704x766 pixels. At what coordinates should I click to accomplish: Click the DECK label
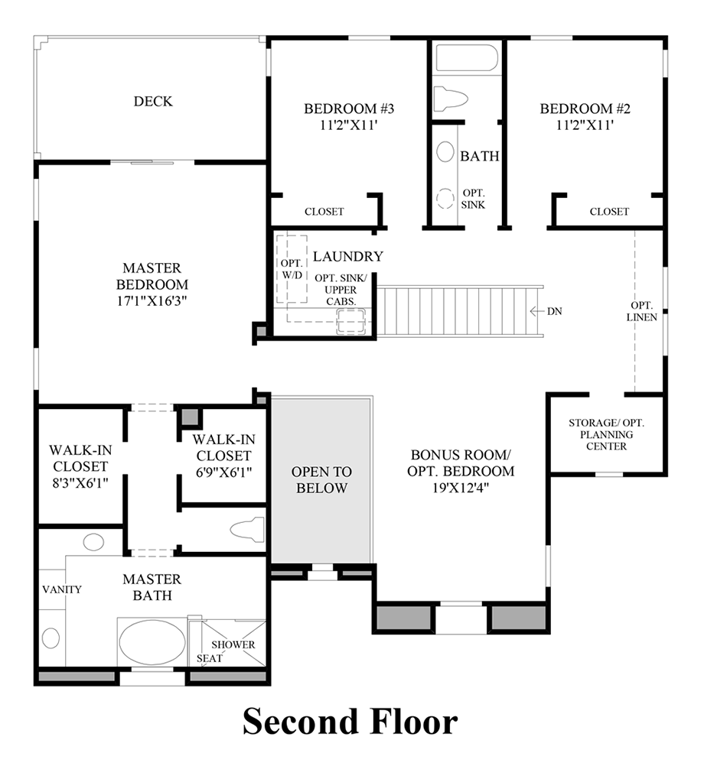153,101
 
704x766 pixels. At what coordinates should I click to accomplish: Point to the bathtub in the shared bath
466,58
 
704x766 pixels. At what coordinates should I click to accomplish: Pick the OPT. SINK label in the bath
473,199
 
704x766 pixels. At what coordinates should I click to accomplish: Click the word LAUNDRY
347,256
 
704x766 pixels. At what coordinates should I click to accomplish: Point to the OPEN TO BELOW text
321,479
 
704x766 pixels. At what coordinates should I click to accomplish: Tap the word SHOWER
233,644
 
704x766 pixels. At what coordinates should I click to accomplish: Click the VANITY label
63,589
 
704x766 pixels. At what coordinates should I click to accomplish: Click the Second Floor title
350,722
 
